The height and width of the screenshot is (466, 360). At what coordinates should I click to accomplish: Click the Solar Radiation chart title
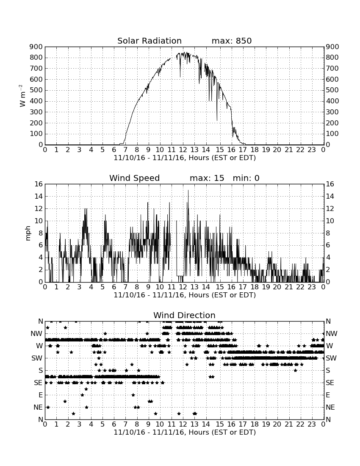pyautogui.click(x=150, y=41)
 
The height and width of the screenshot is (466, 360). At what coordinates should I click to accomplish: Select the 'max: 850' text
pyautogui.click(x=232, y=41)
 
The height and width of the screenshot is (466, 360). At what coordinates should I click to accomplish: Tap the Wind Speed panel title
pyautogui.click(x=135, y=178)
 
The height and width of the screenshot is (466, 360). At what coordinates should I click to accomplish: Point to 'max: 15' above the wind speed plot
pyautogui.click(x=207, y=178)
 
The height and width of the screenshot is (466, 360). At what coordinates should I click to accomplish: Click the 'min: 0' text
pyautogui.click(x=246, y=178)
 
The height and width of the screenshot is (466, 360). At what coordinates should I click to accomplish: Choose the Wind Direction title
pyautogui.click(x=184, y=315)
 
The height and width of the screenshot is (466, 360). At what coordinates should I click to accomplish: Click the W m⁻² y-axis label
pyautogui.click(x=22, y=96)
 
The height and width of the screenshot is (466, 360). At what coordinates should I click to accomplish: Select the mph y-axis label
pyautogui.click(x=28, y=233)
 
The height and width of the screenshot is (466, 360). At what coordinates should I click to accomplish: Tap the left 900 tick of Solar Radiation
pyautogui.click(x=36, y=47)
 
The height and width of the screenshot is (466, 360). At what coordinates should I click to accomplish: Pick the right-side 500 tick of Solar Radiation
pyautogui.click(x=332, y=90)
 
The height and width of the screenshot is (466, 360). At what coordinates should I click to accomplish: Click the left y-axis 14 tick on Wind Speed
pyautogui.click(x=39, y=197)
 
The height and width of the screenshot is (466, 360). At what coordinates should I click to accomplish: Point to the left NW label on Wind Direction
pyautogui.click(x=36, y=334)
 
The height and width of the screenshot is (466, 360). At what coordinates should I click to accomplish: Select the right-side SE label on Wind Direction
pyautogui.click(x=330, y=383)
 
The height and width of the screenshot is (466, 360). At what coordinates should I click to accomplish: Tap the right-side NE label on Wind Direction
pyautogui.click(x=330, y=408)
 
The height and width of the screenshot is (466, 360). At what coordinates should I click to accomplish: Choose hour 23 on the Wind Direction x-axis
pyautogui.click(x=312, y=424)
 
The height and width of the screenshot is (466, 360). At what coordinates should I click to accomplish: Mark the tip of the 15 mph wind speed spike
pyautogui.click(x=188, y=190)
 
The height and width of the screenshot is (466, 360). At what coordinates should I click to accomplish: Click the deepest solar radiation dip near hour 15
pyautogui.click(x=217, y=120)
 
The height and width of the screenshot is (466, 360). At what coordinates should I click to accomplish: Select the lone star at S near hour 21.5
pyautogui.click(x=295, y=370)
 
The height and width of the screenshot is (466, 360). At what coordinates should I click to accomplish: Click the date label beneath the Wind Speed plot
pyautogui.click(x=185, y=295)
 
